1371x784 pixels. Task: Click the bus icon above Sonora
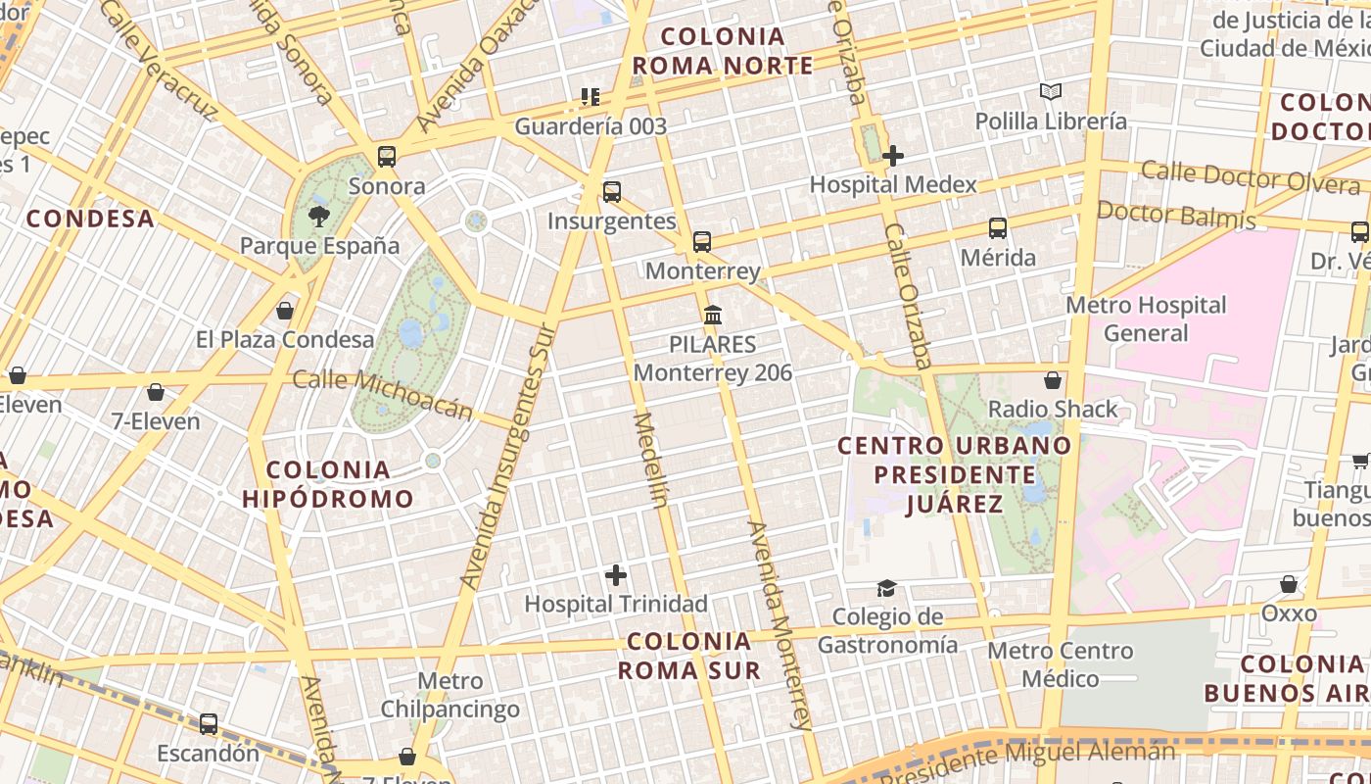tap(387, 157)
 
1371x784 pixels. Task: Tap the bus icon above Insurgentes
tap(612, 192)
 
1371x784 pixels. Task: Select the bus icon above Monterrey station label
tap(702, 242)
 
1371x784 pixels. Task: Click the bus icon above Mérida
tap(998, 228)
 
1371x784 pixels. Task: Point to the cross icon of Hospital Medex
tap(892, 155)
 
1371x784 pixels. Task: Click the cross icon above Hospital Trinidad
tap(616, 575)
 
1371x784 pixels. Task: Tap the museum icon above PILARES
tap(713, 316)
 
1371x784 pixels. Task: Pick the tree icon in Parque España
tap(319, 217)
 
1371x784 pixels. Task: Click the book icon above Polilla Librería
tap(1051, 92)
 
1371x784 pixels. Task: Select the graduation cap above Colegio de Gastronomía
tap(886, 588)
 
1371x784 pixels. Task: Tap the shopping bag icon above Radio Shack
tap(1053, 380)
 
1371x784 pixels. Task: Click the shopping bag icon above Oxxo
tap(1289, 584)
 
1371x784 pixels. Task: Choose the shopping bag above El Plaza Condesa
tap(285, 311)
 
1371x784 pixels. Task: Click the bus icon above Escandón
tap(209, 724)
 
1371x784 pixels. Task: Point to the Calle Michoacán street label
tap(383, 394)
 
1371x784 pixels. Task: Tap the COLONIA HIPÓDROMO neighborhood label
tap(327, 484)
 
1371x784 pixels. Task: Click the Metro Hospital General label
tap(1146, 319)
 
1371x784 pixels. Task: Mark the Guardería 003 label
tap(591, 126)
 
